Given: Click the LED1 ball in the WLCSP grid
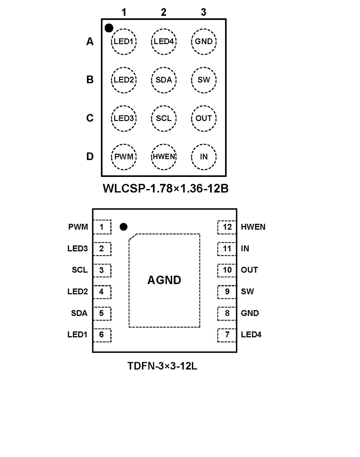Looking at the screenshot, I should tap(124, 42).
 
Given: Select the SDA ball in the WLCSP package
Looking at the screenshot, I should tap(164, 80).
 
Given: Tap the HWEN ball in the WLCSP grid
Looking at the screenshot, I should tap(164, 157).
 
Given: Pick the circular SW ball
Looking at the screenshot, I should tap(204, 80).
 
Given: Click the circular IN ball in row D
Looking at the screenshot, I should tap(204, 157).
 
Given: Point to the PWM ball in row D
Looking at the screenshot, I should tap(124, 157).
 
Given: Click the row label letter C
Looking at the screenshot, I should tap(90, 118).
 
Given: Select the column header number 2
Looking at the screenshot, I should tap(164, 12).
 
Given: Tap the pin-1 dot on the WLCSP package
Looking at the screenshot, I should tap(109, 28).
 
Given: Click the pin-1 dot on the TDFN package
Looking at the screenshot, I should tap(123, 227).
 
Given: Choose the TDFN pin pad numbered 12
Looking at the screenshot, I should tap(227, 227).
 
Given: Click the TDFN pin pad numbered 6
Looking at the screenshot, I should tap(102, 335).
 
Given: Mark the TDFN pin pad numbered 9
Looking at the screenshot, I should tap(227, 292).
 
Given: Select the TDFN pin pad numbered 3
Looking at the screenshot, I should tap(102, 270).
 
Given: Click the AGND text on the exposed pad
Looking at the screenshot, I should tap(164, 280).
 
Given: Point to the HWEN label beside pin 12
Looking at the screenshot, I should tap(253, 227).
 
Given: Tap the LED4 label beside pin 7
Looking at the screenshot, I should tap(251, 335).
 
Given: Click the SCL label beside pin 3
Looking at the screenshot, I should tap(79, 270).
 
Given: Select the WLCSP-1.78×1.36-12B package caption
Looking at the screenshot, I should tap(165, 188).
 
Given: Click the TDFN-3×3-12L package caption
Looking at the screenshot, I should tap(162, 366).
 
